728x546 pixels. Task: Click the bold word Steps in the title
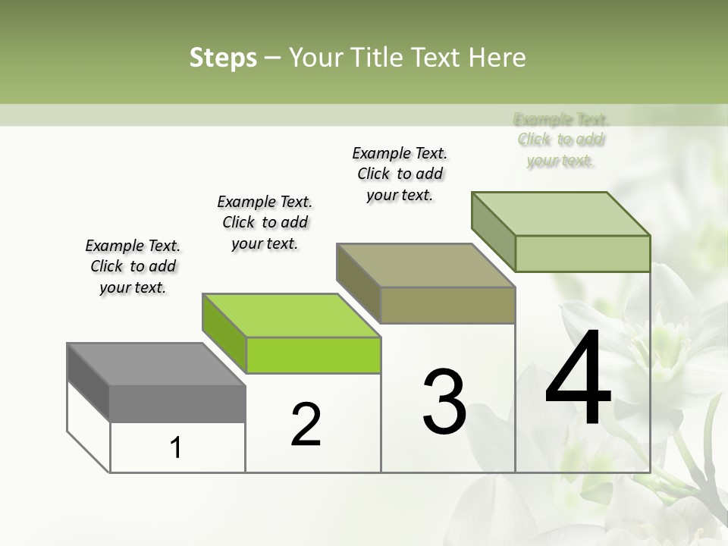pyautogui.click(x=222, y=58)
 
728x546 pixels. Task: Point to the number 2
pyautogui.click(x=306, y=425)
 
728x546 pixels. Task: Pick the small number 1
pyautogui.click(x=176, y=448)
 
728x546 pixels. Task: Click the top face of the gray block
pyautogui.click(x=155, y=364)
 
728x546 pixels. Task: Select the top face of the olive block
pyautogui.click(x=425, y=265)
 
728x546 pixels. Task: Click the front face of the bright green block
pyautogui.click(x=313, y=356)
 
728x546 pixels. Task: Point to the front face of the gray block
pyautogui.click(x=177, y=403)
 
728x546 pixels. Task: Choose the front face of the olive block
pyautogui.click(x=447, y=305)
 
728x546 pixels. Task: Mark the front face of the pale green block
pyautogui.click(x=582, y=253)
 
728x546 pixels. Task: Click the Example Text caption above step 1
pyautogui.click(x=133, y=266)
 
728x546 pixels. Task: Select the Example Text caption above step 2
pyautogui.click(x=265, y=222)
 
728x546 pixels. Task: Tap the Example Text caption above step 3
pyautogui.click(x=400, y=174)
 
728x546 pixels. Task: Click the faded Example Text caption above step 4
pyautogui.click(x=560, y=140)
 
